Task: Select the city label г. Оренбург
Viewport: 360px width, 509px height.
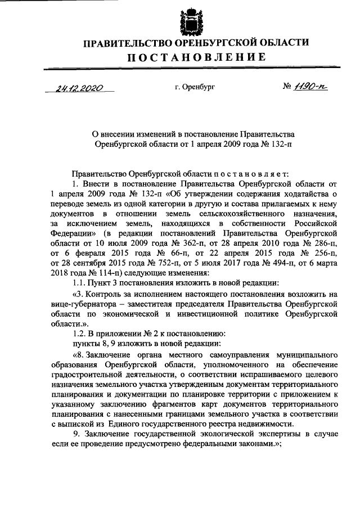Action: click(x=195, y=88)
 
